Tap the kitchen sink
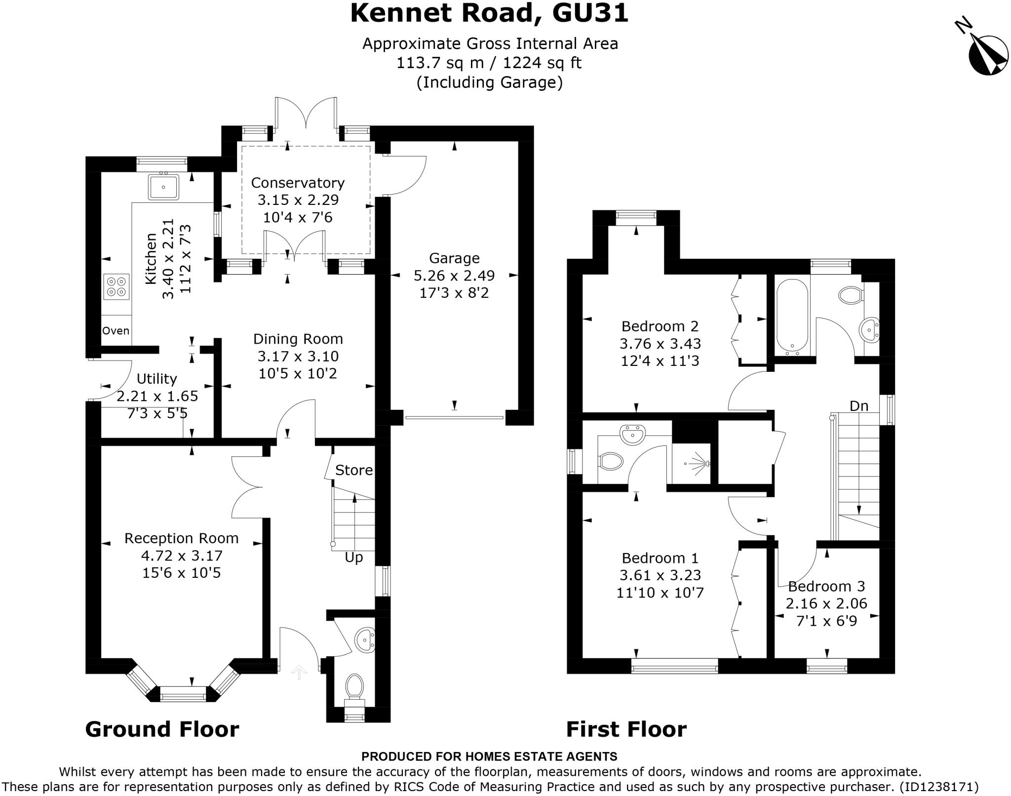[163, 187]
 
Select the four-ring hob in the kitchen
[117, 287]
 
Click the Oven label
[116, 331]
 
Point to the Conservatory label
[298, 183]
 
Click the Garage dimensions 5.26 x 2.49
[454, 276]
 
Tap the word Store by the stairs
[353, 470]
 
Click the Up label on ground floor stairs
[353, 557]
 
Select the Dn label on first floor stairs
[858, 406]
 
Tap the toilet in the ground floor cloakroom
[354, 687]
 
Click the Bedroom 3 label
[826, 587]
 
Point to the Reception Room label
[181, 538]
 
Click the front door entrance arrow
[299, 672]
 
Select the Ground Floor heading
[162, 729]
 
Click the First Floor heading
[626, 729]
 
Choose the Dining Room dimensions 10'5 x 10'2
[298, 373]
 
